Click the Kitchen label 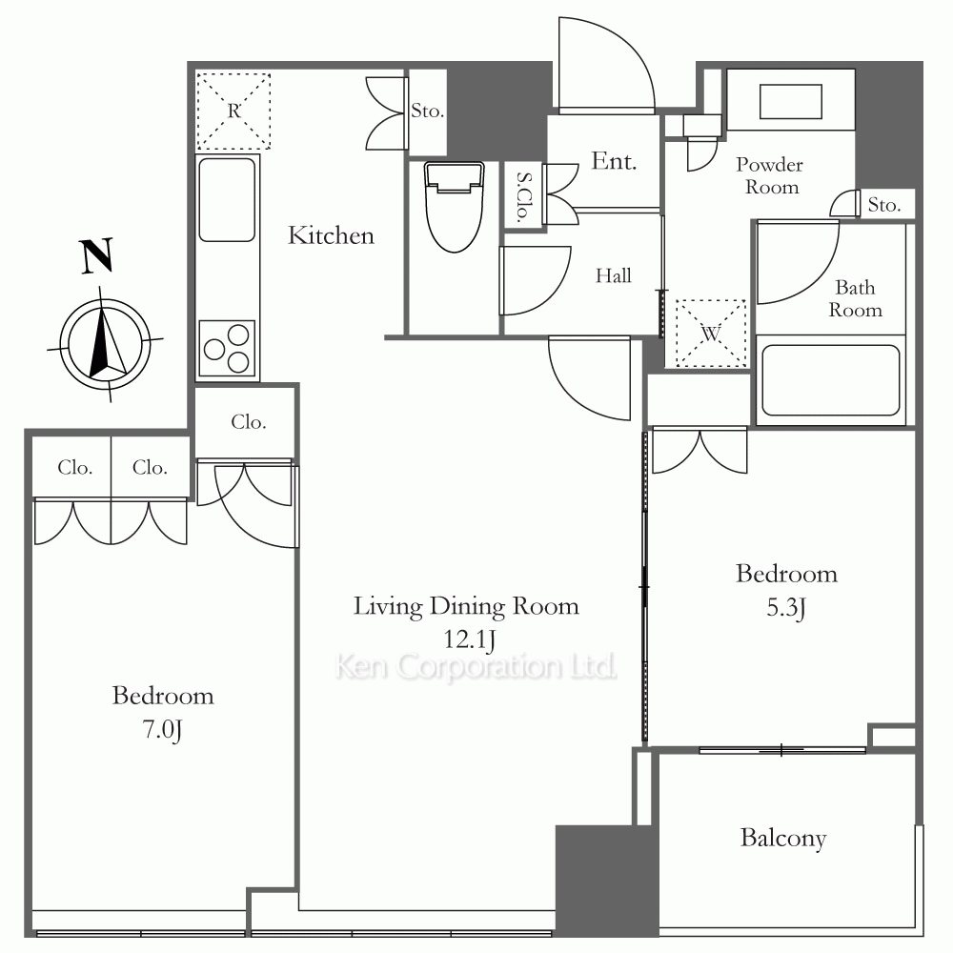[331, 235]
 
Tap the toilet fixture [454, 207]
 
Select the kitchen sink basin [227, 200]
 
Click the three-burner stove [227, 349]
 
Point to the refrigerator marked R [233, 112]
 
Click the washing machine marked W [711, 333]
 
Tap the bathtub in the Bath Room [830, 380]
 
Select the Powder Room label [770, 175]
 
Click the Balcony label [783, 838]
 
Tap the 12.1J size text [469, 639]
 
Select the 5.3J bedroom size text [786, 607]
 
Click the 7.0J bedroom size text [162, 729]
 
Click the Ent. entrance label [614, 161]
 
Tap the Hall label [613, 276]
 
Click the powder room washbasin [791, 102]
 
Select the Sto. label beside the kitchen [427, 111]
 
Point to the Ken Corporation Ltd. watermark [476, 666]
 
